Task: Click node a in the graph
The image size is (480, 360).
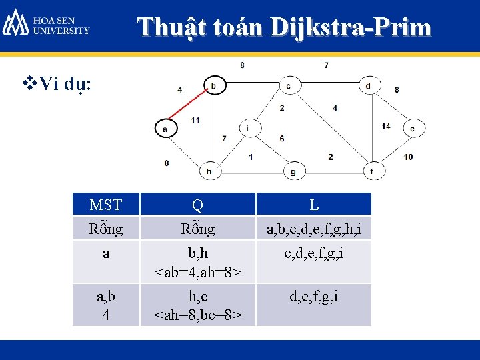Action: [x=165, y=127]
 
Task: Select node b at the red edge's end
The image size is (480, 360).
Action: [x=213, y=86]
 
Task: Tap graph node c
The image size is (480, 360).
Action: [x=288, y=86]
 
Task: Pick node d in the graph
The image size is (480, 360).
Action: [x=368, y=86]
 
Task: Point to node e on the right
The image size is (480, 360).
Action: [x=413, y=127]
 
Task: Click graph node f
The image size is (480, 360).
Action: [x=372, y=171]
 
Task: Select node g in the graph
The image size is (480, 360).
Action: [x=293, y=171]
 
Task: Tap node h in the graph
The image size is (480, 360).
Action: [x=209, y=171]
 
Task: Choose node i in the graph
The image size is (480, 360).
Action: [x=248, y=128]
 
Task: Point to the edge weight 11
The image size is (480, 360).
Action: [x=195, y=120]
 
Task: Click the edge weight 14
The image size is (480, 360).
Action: [x=386, y=126]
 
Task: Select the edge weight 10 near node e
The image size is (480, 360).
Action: [x=408, y=157]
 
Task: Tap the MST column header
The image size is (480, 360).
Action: [x=106, y=204]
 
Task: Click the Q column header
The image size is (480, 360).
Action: [x=198, y=204]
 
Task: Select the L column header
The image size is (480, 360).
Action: [x=313, y=204]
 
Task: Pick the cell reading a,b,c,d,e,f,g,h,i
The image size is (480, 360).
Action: [x=313, y=229]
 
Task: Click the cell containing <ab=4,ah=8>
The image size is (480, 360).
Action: [x=198, y=272]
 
